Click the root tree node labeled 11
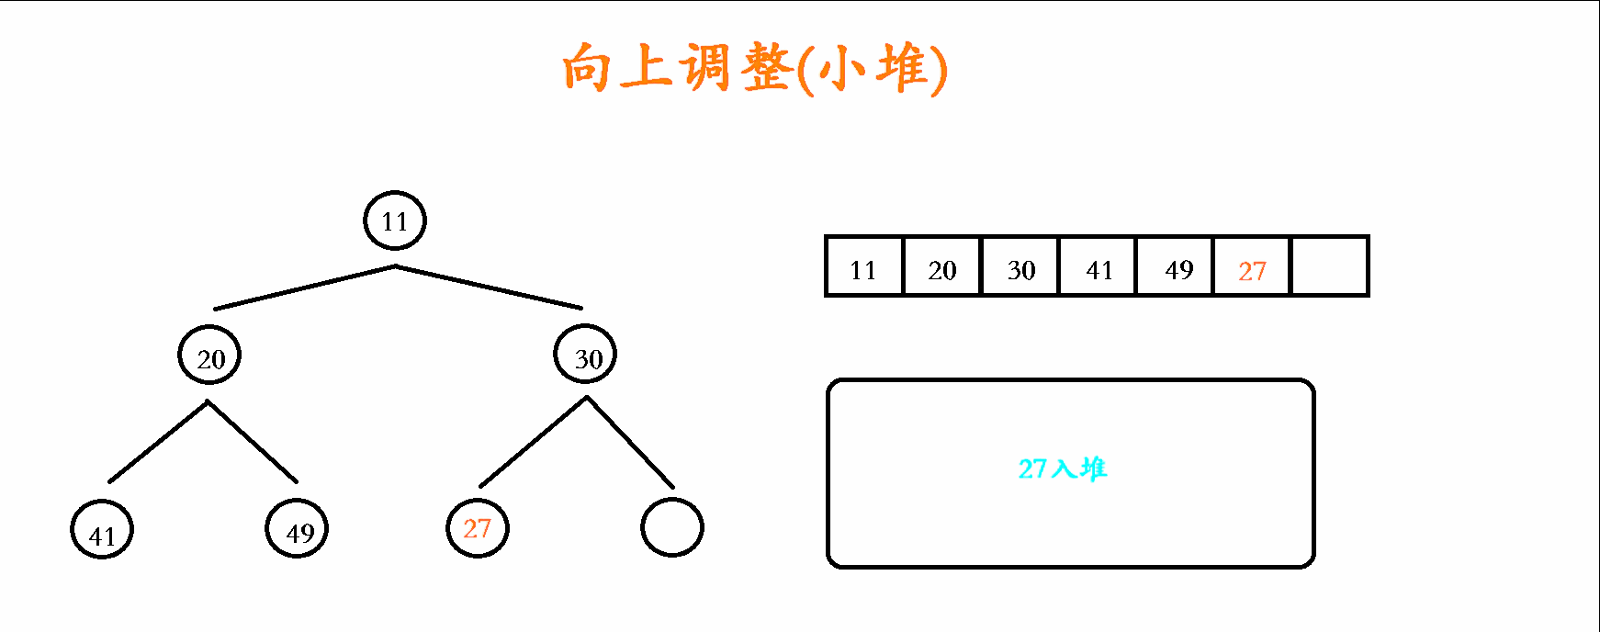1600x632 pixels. [395, 220]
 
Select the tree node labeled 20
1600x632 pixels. [209, 356]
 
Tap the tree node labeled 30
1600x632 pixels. [585, 355]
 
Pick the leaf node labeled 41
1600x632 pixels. [102, 530]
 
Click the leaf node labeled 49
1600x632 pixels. [297, 529]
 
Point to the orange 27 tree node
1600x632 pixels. [477, 528]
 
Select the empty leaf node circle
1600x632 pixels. [671, 527]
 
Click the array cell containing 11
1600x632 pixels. [864, 266]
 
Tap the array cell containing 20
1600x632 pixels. [942, 266]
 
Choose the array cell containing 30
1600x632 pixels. [1020, 266]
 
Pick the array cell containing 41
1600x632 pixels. [1099, 266]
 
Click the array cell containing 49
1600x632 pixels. [1176, 266]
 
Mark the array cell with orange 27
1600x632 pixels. [1253, 266]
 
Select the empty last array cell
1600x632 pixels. [1330, 266]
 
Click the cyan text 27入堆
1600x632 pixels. [1063, 468]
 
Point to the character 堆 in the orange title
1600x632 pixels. [901, 68]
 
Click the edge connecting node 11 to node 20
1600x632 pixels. [305, 288]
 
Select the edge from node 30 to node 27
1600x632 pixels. [533, 442]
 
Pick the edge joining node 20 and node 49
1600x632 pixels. [253, 441]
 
